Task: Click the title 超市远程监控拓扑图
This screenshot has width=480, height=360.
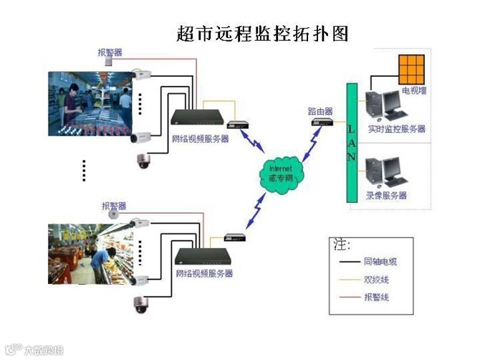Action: pos(261,33)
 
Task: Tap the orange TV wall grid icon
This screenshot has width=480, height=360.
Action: pos(412,70)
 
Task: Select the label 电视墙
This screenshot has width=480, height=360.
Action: pos(414,91)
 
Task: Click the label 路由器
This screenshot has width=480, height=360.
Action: pos(320,110)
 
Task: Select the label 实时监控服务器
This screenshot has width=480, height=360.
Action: pos(396,129)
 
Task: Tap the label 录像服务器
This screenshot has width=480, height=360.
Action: pos(386,195)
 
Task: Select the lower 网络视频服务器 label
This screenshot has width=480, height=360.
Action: pos(204,274)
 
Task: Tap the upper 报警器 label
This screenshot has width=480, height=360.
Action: pos(110,52)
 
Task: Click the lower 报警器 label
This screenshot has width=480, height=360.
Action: pos(114,206)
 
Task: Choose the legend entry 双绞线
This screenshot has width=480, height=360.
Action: pos(375,280)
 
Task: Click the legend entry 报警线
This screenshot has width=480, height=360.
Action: pos(375,296)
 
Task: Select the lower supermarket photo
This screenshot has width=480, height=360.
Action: pos(90,254)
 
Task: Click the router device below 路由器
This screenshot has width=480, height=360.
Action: pos(322,123)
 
